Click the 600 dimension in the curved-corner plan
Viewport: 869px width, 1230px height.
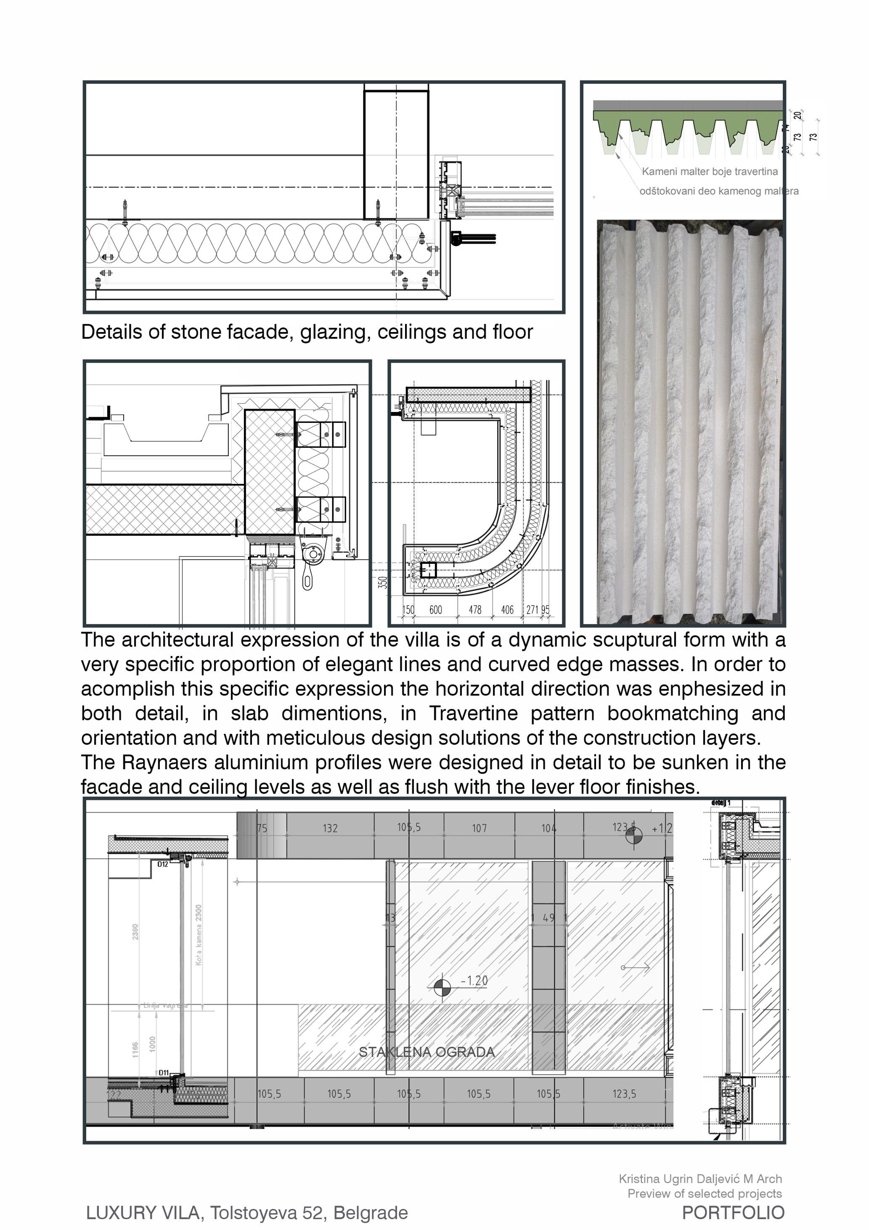pos(435,610)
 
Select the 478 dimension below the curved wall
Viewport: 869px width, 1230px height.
pos(475,610)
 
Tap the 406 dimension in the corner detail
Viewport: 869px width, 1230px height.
pos(507,610)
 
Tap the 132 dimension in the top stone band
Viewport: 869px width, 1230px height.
pos(330,828)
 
